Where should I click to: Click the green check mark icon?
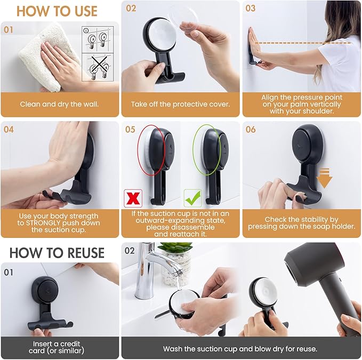point(192,197)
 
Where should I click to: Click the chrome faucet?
point(149,267)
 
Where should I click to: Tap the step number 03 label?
point(251,9)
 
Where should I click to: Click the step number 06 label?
point(251,130)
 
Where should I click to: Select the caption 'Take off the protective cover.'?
point(180,104)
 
